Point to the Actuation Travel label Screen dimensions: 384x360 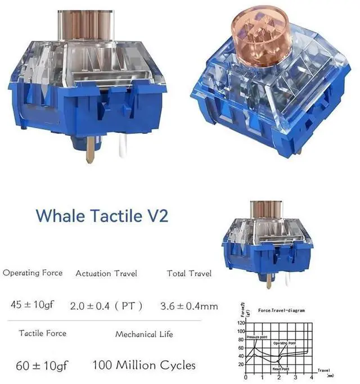(x=106, y=273)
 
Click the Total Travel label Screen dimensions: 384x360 (x=189, y=273)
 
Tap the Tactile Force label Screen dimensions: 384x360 (x=42, y=333)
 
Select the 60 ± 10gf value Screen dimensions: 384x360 (x=42, y=365)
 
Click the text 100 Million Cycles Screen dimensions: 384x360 (x=144, y=365)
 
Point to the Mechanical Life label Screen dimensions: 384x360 (x=144, y=334)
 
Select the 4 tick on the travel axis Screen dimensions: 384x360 (x=312, y=378)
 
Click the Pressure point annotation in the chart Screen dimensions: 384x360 (x=256, y=337)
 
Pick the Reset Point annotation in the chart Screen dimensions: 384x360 (x=281, y=369)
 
